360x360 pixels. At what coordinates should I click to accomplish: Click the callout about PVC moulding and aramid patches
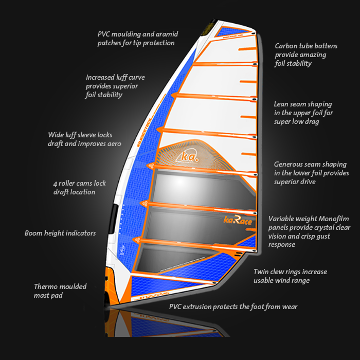click(x=138, y=39)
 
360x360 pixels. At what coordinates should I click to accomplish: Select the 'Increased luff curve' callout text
click(x=115, y=86)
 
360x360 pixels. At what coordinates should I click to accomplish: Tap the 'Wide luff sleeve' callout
click(x=85, y=139)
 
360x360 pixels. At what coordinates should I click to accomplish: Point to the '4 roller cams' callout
click(x=79, y=187)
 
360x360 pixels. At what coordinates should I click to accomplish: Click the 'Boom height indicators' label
click(x=60, y=233)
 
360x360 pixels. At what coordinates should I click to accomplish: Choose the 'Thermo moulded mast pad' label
click(x=60, y=291)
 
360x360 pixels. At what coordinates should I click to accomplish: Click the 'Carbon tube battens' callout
click(x=301, y=55)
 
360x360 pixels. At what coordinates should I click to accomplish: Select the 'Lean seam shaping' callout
click(x=303, y=113)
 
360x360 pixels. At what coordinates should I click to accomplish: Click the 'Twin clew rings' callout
click(x=290, y=276)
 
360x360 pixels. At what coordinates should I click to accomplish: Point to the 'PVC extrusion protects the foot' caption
click(x=233, y=307)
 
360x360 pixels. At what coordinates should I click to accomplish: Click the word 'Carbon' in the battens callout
click(x=286, y=46)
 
